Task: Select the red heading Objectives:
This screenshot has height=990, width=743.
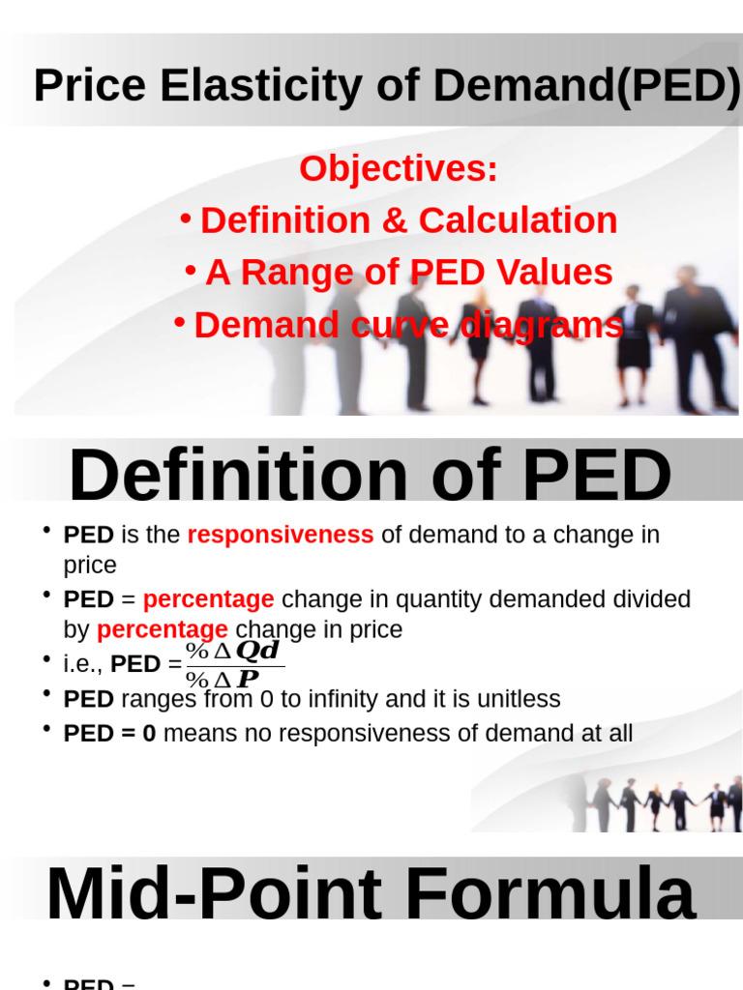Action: (399, 169)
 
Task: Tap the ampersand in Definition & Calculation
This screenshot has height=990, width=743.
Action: (396, 220)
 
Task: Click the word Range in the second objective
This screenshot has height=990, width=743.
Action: (296, 273)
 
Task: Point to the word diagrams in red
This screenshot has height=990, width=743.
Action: (543, 326)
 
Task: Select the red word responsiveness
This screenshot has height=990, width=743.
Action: (281, 535)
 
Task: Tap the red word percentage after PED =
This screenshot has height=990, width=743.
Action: (208, 599)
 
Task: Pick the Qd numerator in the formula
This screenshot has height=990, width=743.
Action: (256, 651)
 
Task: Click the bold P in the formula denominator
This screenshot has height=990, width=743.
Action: (248, 679)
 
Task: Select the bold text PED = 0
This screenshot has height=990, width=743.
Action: (109, 734)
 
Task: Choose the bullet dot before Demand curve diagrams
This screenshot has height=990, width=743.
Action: (179, 320)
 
